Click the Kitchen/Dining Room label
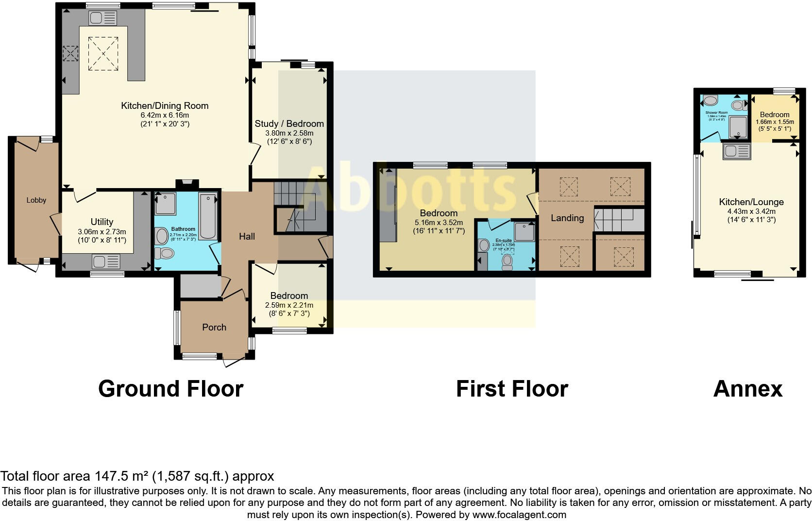(165, 105)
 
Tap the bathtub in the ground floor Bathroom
(208, 215)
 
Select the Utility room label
(102, 222)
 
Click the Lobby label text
(36, 200)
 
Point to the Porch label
(214, 327)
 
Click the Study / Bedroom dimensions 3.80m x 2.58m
(289, 133)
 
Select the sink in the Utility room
(105, 262)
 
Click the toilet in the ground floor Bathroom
(164, 253)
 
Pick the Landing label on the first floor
(567, 218)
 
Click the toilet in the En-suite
(507, 261)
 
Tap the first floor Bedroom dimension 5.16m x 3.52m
(439, 222)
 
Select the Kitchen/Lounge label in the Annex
(751, 202)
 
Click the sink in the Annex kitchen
(736, 152)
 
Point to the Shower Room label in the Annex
(716, 112)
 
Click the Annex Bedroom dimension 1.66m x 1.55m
(775, 122)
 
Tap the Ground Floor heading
(170, 389)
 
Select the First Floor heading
(512, 389)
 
